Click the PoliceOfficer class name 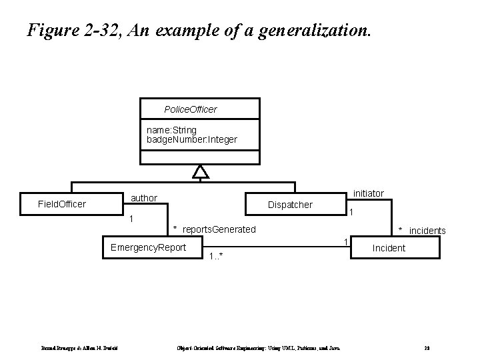point(190,109)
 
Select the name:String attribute point(171,130)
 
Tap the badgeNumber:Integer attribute point(191,140)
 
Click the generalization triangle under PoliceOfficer point(200,173)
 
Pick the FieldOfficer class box point(62,204)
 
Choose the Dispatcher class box point(289,205)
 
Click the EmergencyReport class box point(149,248)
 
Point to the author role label point(144,198)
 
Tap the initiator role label point(368,193)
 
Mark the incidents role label point(427,231)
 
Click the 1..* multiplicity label point(215,257)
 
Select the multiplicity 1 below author point(131,219)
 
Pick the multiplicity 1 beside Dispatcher point(351,212)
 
